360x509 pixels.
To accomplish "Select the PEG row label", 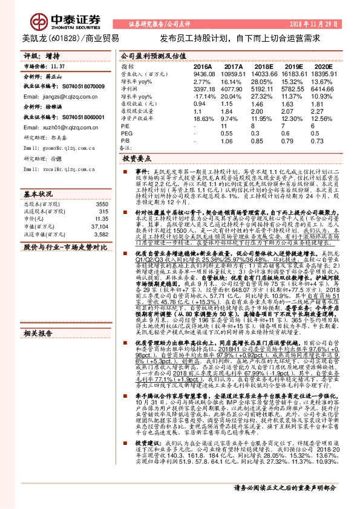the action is click(126, 133).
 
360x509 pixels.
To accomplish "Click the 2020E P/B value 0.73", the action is click(320, 140).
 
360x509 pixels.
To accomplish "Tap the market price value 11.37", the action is click(58, 66).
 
